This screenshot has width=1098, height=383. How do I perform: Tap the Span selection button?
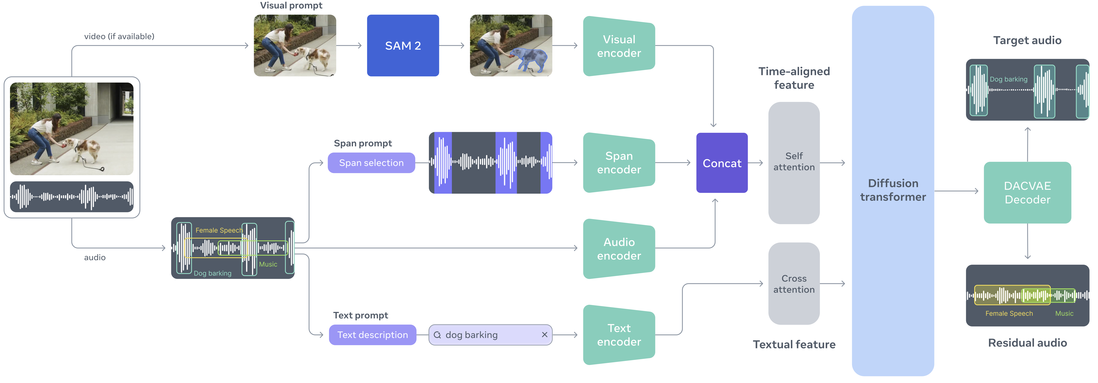tap(371, 163)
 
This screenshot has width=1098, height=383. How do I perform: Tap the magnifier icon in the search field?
tap(437, 335)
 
